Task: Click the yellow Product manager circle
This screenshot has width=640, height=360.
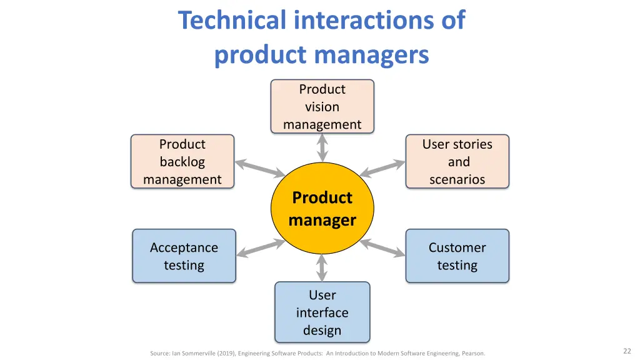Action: click(x=322, y=208)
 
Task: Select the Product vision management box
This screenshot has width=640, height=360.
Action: click(x=322, y=106)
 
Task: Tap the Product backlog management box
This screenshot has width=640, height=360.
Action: click(x=182, y=162)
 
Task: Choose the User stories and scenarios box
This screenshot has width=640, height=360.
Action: click(x=457, y=162)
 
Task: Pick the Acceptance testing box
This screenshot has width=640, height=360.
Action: click(x=184, y=256)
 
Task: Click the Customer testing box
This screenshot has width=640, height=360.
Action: click(x=457, y=256)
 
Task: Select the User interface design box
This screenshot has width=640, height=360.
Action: click(x=322, y=312)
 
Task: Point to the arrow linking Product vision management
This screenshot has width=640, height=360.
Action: click(x=322, y=148)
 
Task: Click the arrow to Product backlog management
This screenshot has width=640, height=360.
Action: click(x=260, y=168)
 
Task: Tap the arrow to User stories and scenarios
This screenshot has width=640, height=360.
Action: click(x=382, y=169)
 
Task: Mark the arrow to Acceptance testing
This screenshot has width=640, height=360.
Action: click(x=261, y=248)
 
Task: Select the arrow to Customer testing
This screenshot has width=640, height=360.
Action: click(x=382, y=247)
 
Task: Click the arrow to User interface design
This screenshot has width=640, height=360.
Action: click(x=322, y=267)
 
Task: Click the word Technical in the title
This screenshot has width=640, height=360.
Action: click(x=232, y=20)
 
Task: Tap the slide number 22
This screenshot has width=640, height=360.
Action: click(x=627, y=351)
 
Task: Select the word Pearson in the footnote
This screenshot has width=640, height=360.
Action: click(x=474, y=354)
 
